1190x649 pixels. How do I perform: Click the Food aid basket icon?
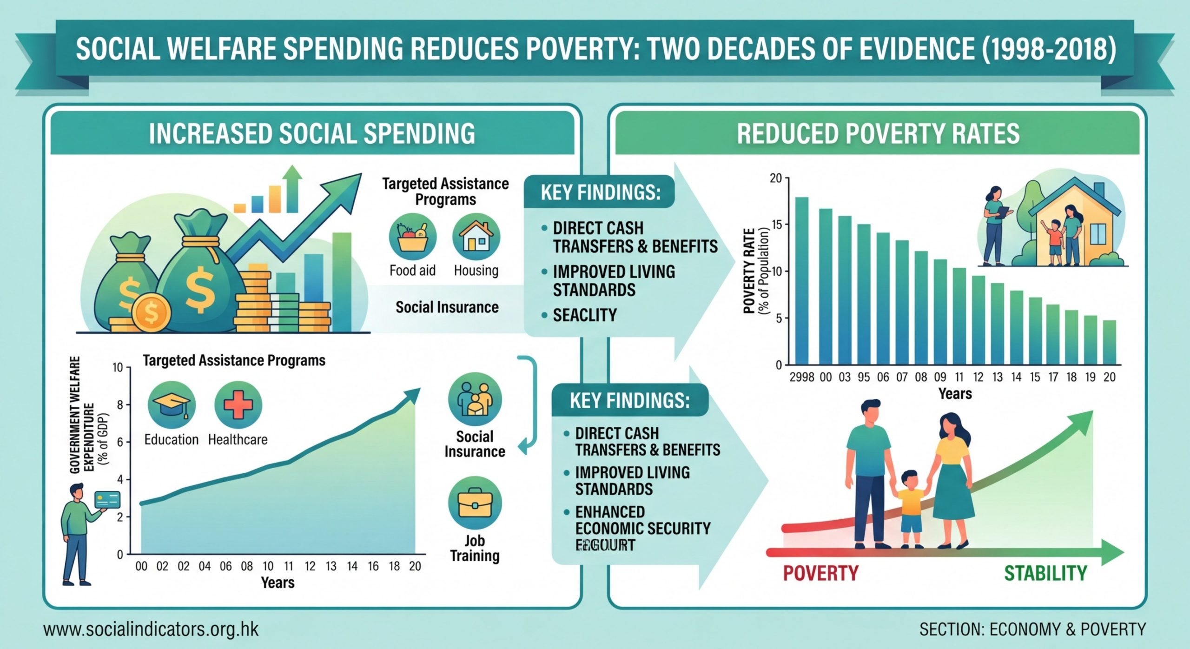pos(412,237)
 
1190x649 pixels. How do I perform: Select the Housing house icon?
pos(476,237)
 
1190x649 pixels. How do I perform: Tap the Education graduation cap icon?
pos(172,404)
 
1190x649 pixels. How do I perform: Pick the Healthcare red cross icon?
pos(238,404)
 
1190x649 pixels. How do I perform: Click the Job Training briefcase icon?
pos(475,503)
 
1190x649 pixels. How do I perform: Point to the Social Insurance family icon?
pos(475,399)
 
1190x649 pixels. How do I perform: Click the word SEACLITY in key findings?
pos(584,315)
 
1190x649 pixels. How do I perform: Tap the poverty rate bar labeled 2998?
pos(802,281)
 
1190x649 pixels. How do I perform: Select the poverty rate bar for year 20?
pos(1109,342)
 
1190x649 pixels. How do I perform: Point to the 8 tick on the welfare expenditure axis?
pos(120,405)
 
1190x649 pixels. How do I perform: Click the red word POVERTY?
pos(820,573)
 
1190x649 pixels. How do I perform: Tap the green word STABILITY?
pos(1045,573)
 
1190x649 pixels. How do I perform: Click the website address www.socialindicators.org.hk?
pos(151,629)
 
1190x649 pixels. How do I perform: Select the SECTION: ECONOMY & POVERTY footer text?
pos(1032,629)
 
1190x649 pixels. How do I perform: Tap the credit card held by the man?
pos(107,500)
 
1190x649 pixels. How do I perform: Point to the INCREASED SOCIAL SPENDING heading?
pos(312,133)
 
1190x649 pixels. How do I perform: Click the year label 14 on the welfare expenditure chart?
pos(352,566)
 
